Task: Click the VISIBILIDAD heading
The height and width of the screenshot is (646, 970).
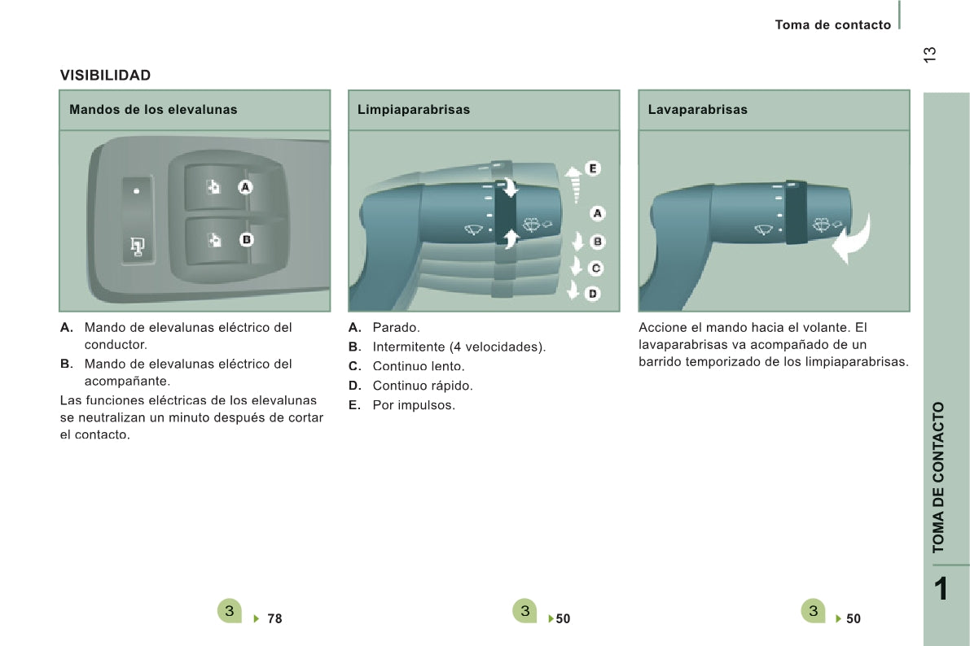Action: click(x=105, y=76)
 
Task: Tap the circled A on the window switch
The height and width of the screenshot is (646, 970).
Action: click(x=245, y=187)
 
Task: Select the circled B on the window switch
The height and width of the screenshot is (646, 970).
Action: click(x=246, y=239)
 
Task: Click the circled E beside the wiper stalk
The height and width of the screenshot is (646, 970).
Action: click(x=593, y=168)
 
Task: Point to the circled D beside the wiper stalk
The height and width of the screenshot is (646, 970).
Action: click(x=593, y=294)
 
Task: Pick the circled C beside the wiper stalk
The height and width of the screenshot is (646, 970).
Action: click(x=595, y=268)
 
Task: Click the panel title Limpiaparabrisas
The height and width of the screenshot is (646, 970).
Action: click(x=414, y=109)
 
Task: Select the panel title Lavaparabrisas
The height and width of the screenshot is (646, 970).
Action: click(x=698, y=109)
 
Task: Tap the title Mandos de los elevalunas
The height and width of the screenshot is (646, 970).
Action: click(x=153, y=109)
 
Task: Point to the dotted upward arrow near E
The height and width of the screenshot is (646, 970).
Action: click(x=574, y=185)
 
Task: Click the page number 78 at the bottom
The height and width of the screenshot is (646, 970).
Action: click(x=274, y=619)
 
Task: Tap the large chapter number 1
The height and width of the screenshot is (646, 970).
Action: click(x=941, y=588)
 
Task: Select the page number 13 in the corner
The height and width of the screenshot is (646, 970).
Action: click(x=929, y=55)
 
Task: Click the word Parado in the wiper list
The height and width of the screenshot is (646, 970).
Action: click(x=396, y=328)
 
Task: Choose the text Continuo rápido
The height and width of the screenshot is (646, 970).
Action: click(x=423, y=386)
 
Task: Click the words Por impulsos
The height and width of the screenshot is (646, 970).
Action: click(x=414, y=405)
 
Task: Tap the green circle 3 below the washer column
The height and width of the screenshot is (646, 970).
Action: click(x=813, y=611)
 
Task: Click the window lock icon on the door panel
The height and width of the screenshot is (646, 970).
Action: click(x=137, y=247)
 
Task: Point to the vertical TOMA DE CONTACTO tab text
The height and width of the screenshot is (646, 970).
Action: click(x=938, y=478)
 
